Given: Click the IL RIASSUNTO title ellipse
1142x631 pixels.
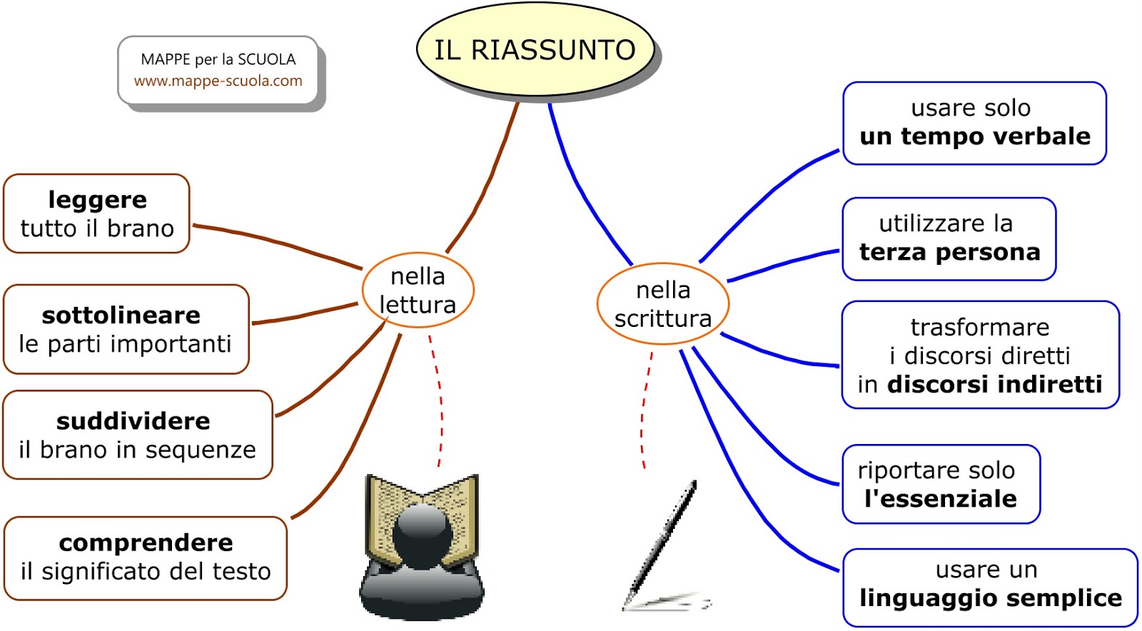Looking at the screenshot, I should [535, 50].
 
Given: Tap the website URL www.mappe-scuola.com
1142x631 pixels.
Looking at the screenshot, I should [218, 81].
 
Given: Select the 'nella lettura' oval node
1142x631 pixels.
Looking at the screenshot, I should [418, 291].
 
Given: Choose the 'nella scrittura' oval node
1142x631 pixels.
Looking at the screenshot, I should [663, 304].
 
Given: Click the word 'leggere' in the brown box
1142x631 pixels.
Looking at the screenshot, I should [97, 200].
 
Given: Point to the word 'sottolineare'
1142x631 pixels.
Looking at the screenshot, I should [121, 315].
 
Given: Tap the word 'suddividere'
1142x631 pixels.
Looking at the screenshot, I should [133, 421].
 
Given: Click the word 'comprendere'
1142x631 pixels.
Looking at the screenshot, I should [146, 543].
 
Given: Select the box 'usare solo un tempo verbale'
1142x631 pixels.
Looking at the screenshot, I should [974, 123].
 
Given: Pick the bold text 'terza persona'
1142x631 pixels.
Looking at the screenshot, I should [949, 253].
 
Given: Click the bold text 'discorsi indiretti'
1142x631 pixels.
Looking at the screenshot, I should [994, 385].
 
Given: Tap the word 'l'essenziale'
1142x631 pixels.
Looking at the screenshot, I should [940, 499].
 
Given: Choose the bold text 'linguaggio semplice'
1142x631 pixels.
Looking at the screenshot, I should [990, 598].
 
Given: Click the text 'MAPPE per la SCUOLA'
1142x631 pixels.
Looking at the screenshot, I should [218, 59].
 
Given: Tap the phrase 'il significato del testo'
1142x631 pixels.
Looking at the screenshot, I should [146, 572].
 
